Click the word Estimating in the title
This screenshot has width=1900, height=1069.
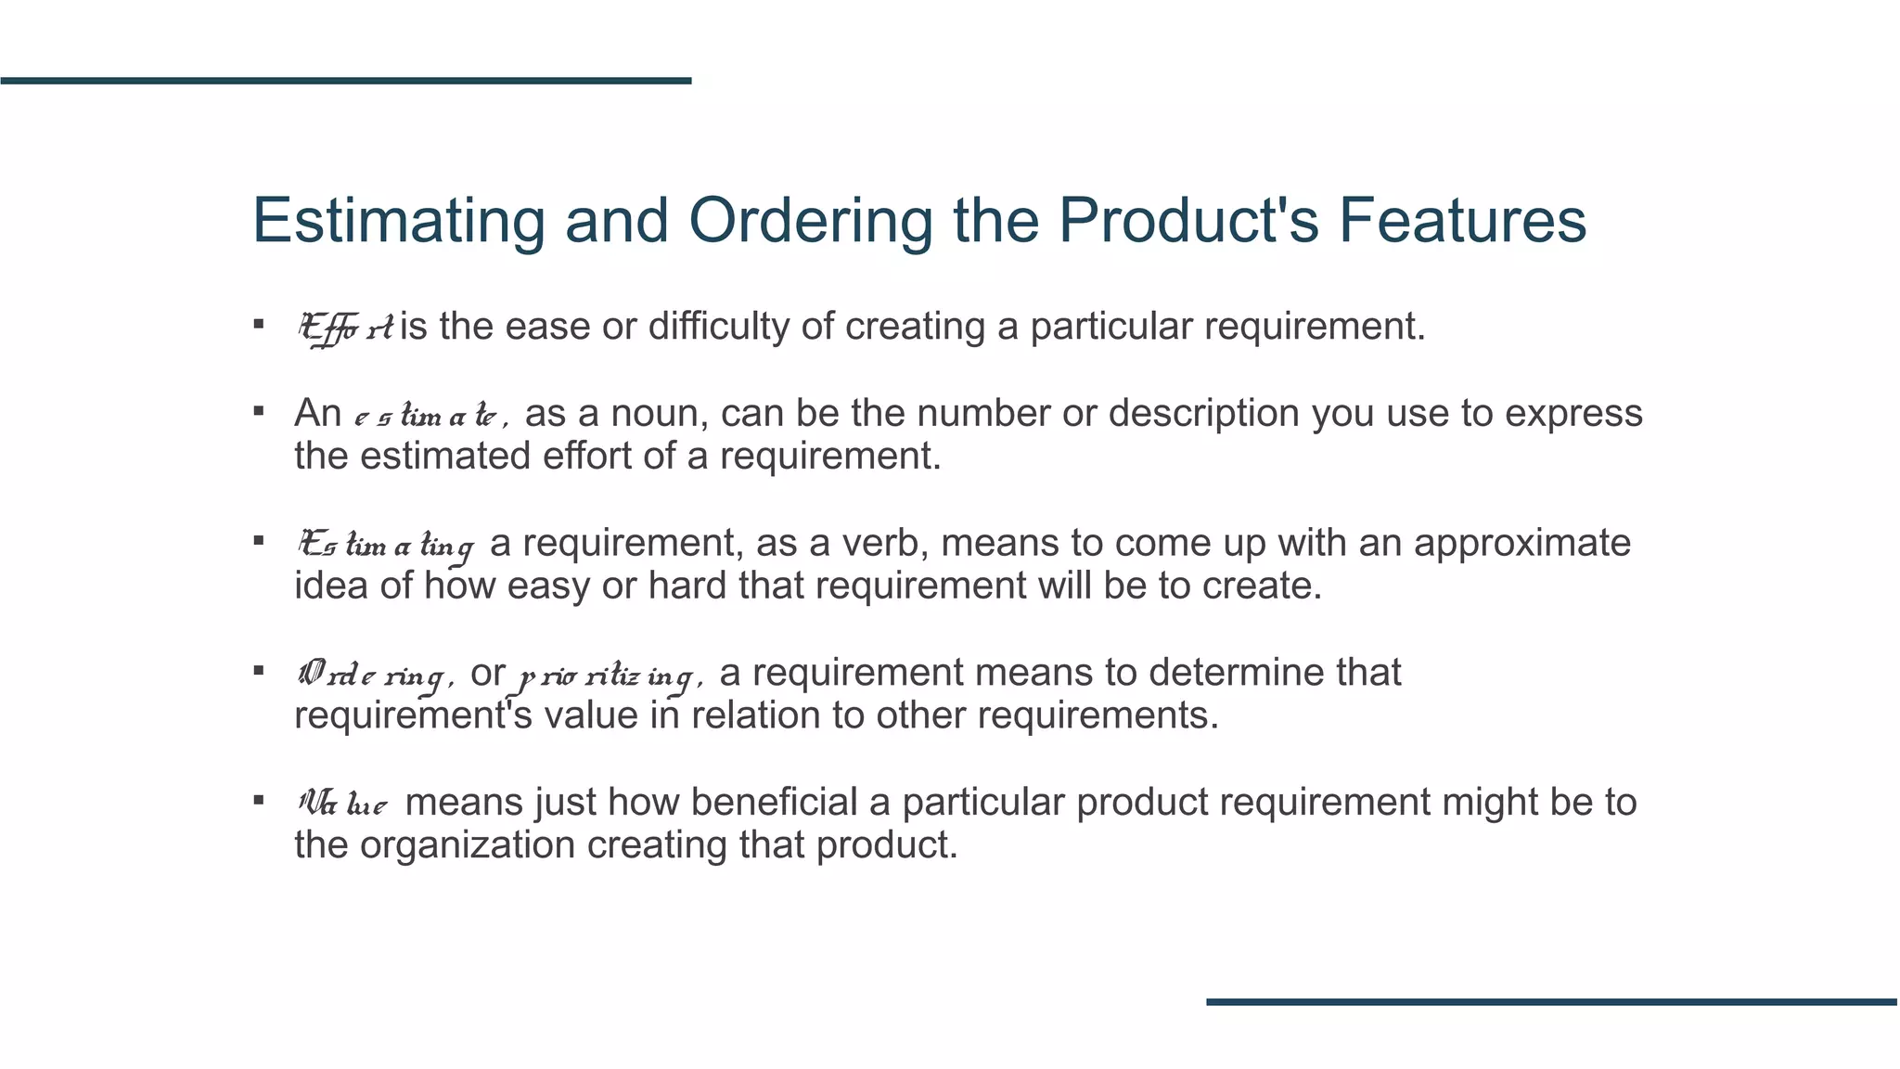tap(399, 221)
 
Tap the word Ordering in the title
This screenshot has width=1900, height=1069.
tap(810, 221)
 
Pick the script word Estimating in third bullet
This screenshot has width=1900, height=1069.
tap(386, 545)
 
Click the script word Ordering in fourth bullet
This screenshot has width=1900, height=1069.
tap(375, 675)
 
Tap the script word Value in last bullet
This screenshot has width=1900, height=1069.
tap(342, 803)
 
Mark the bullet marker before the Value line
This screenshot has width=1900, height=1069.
tap(259, 799)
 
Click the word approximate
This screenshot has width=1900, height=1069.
tap(1521, 544)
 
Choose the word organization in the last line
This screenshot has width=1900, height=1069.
tap(468, 845)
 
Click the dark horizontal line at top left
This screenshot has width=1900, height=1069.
tap(345, 81)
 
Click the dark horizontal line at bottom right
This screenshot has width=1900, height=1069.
tap(1551, 1001)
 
